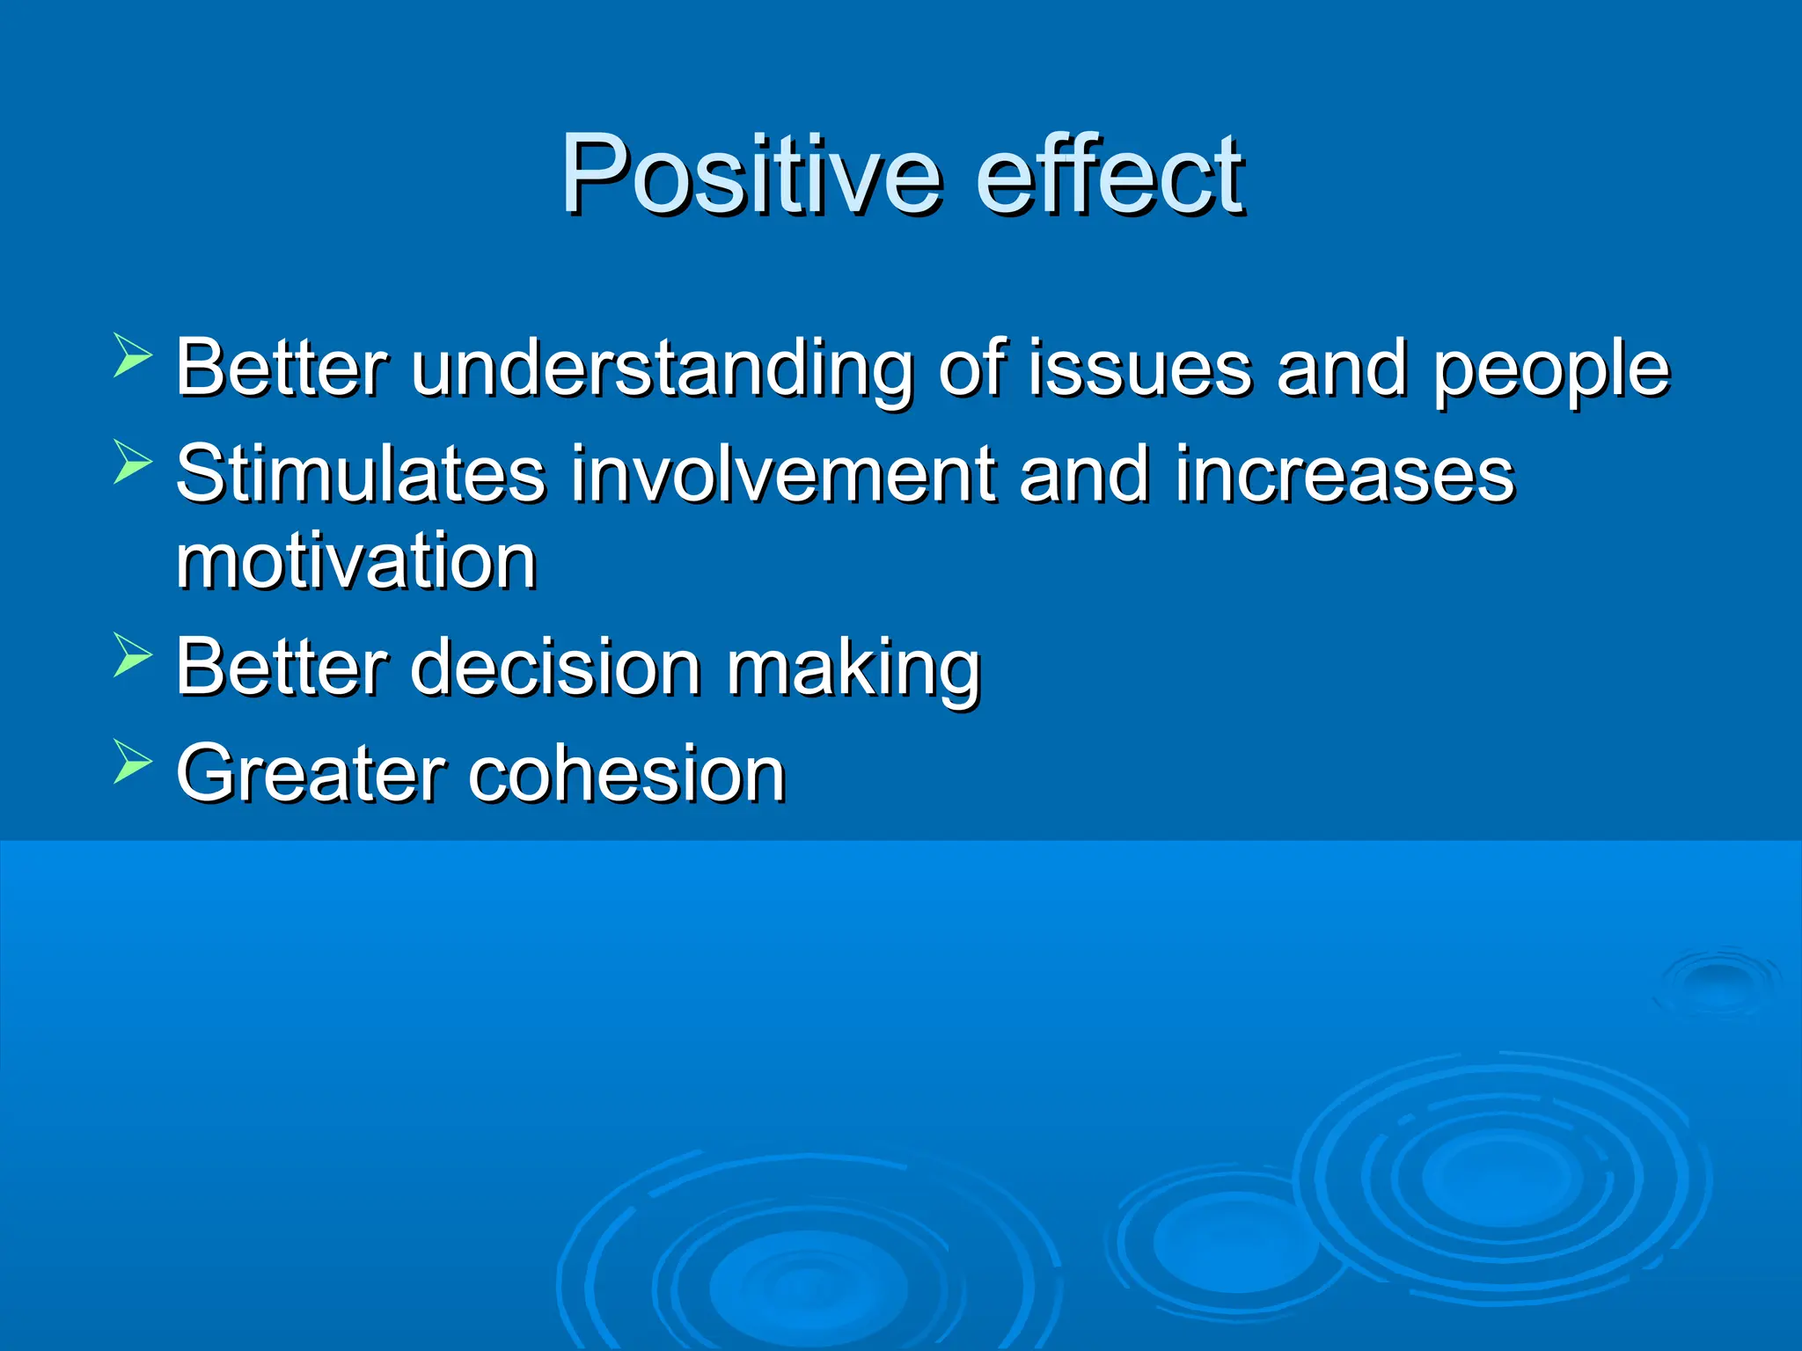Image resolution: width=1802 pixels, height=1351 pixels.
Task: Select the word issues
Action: click(1139, 369)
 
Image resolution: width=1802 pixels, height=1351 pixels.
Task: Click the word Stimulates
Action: click(361, 475)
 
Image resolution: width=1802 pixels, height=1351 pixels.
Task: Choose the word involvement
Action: click(783, 475)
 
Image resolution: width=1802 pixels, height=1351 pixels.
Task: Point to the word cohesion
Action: click(626, 774)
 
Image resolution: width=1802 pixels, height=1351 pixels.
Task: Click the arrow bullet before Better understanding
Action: click(133, 357)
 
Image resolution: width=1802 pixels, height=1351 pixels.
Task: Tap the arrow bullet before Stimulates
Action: click(133, 463)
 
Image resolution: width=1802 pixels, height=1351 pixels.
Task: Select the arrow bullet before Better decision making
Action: click(133, 656)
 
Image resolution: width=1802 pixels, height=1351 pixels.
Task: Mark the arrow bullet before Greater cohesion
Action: click(133, 762)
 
